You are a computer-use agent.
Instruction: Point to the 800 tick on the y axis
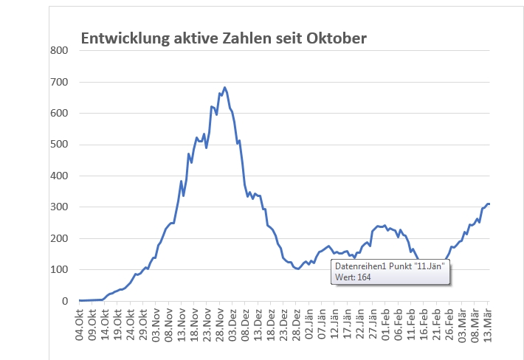point(59,50)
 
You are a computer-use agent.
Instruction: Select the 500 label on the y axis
point(59,145)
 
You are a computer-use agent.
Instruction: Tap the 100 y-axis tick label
point(59,270)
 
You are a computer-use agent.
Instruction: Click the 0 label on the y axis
point(65,301)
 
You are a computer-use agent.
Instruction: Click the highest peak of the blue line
point(224,88)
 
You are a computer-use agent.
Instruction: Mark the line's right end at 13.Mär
point(489,204)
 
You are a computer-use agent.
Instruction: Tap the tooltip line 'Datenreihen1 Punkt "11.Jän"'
point(389,266)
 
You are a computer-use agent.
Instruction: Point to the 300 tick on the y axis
point(59,207)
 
